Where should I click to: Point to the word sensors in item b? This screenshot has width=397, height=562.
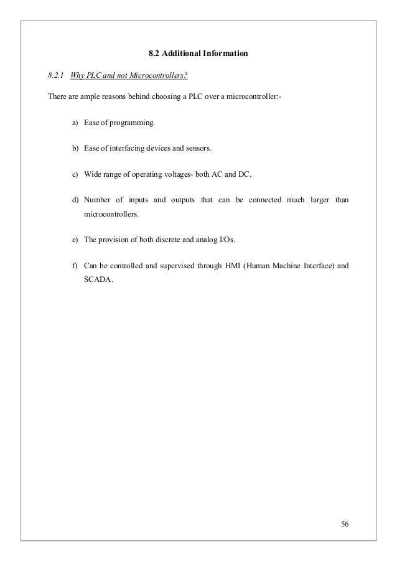[198, 149]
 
